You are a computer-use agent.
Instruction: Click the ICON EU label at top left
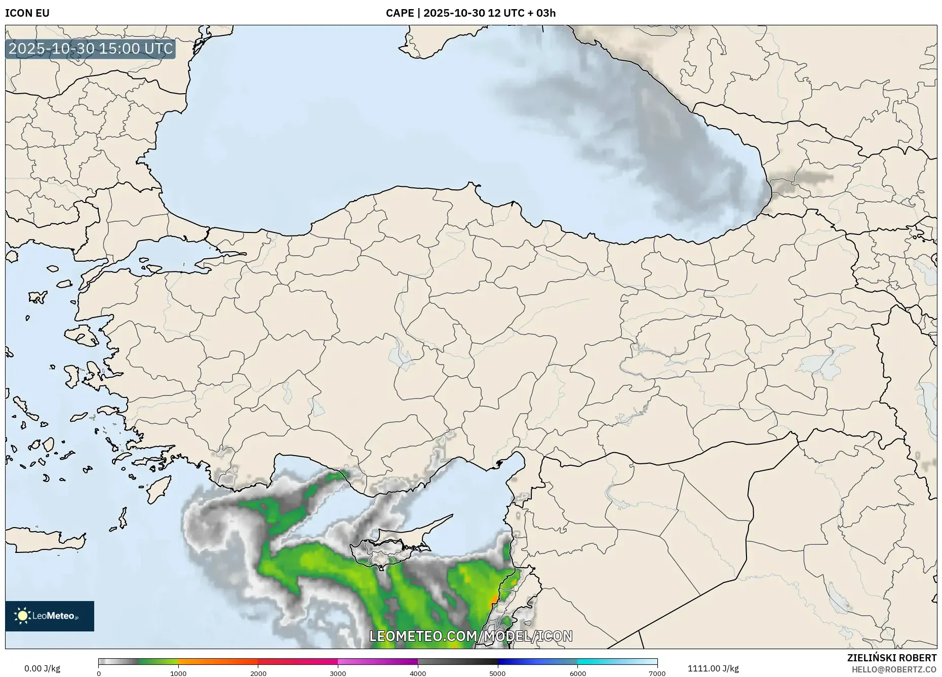(x=27, y=13)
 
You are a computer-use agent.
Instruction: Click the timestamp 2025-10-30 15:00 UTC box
(x=91, y=49)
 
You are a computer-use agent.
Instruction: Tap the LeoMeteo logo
(x=50, y=616)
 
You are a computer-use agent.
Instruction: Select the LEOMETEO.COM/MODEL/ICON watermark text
(x=471, y=636)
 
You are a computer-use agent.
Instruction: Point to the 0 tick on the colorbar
(x=99, y=673)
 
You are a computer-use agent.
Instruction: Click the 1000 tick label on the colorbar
(x=178, y=673)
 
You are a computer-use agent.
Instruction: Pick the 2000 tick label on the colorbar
(x=258, y=673)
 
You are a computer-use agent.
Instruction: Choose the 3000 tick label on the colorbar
(x=338, y=673)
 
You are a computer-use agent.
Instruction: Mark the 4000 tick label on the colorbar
(x=418, y=673)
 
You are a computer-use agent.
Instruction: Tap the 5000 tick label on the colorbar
(x=497, y=673)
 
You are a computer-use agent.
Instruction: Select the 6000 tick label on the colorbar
(x=577, y=673)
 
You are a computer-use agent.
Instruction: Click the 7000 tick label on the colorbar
(x=657, y=673)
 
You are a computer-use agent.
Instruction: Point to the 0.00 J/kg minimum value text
(x=42, y=668)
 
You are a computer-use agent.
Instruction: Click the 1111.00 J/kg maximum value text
(x=713, y=668)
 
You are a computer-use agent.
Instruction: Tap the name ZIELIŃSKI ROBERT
(x=891, y=658)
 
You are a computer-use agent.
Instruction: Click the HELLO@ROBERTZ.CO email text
(x=893, y=669)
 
